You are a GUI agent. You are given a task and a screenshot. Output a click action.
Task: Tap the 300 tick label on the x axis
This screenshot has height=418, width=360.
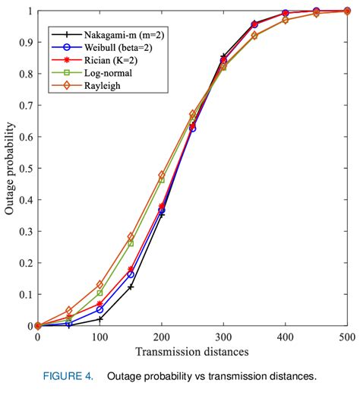pyautogui.click(x=223, y=336)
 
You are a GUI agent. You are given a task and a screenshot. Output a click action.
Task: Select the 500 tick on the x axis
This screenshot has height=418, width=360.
pyautogui.click(x=346, y=336)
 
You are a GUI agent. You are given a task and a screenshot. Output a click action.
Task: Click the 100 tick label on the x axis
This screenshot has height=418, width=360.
pyautogui.click(x=99, y=336)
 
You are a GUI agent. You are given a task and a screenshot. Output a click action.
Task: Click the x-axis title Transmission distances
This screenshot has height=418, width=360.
pyautogui.click(x=191, y=351)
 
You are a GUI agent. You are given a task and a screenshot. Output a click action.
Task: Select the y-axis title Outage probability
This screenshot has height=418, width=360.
pyautogui.click(x=10, y=168)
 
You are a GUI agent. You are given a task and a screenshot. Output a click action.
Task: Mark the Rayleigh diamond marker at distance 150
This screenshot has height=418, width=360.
pyautogui.click(x=131, y=236)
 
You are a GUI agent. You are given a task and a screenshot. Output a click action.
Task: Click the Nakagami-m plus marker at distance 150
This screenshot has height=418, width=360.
pyautogui.click(x=131, y=287)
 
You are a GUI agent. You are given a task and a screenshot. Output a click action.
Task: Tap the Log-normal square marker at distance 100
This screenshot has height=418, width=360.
pyautogui.click(x=99, y=293)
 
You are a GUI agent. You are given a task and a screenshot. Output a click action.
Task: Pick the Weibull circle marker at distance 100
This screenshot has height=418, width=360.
pyautogui.click(x=99, y=309)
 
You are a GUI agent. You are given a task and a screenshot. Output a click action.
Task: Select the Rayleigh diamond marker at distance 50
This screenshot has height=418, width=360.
pyautogui.click(x=68, y=310)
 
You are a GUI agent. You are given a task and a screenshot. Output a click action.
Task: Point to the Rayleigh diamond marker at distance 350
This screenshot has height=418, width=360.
pyautogui.click(x=254, y=36)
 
